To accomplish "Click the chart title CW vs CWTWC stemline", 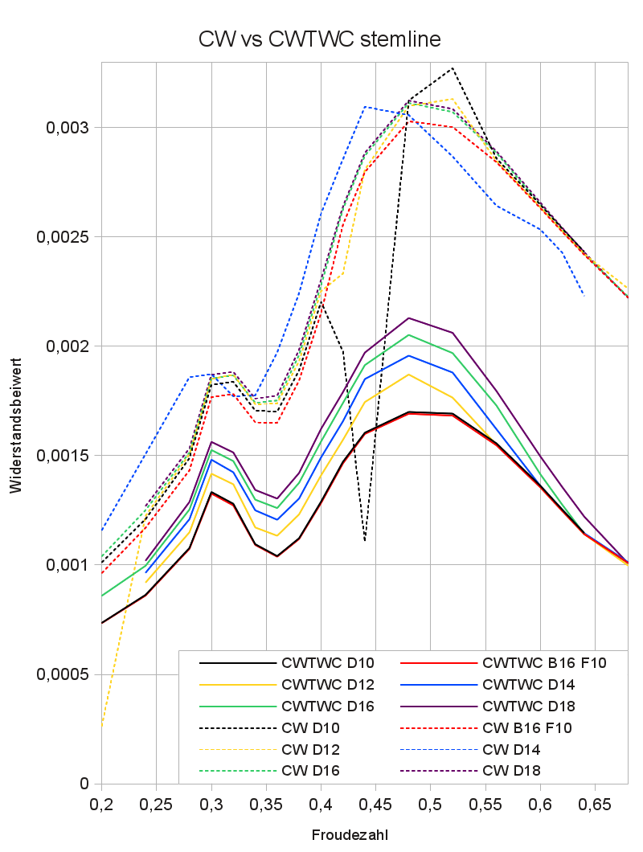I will click(x=319, y=39).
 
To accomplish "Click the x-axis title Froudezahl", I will click(x=350, y=835).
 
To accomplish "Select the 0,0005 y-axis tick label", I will click(x=63, y=674).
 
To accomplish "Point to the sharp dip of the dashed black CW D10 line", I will click(x=365, y=540).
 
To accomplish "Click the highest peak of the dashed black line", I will click(x=453, y=68).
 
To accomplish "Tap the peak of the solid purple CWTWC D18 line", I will click(x=409, y=317).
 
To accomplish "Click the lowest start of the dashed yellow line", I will click(x=102, y=726).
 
